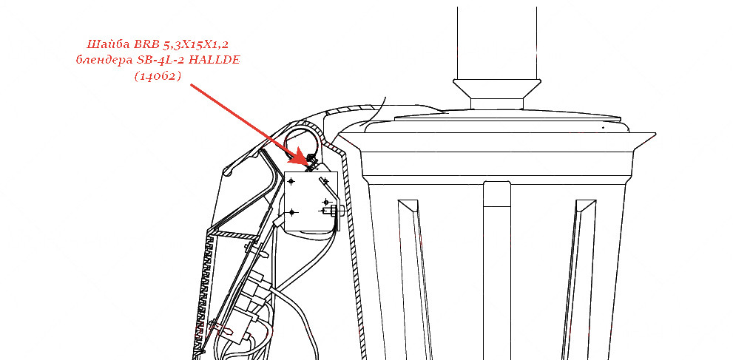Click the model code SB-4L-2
click(x=161, y=61)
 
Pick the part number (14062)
click(x=158, y=77)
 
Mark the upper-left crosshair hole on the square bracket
click(x=291, y=180)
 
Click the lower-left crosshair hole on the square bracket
click(x=292, y=212)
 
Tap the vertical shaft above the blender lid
click(x=496, y=43)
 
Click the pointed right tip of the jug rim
click(x=655, y=134)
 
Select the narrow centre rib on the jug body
click(x=497, y=271)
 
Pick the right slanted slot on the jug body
click(x=578, y=279)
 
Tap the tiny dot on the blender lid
click(x=603, y=127)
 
